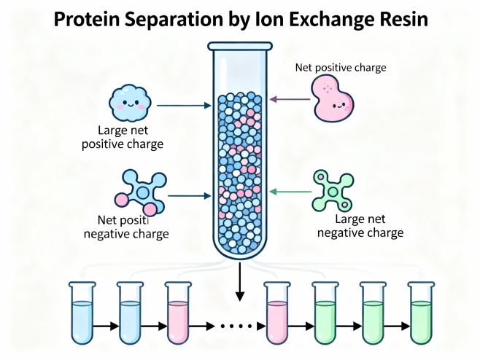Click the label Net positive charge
[x=340, y=68]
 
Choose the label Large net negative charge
[x=368, y=226]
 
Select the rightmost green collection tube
[x=420, y=312]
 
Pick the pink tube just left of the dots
[x=177, y=312]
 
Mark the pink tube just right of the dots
[x=276, y=312]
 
